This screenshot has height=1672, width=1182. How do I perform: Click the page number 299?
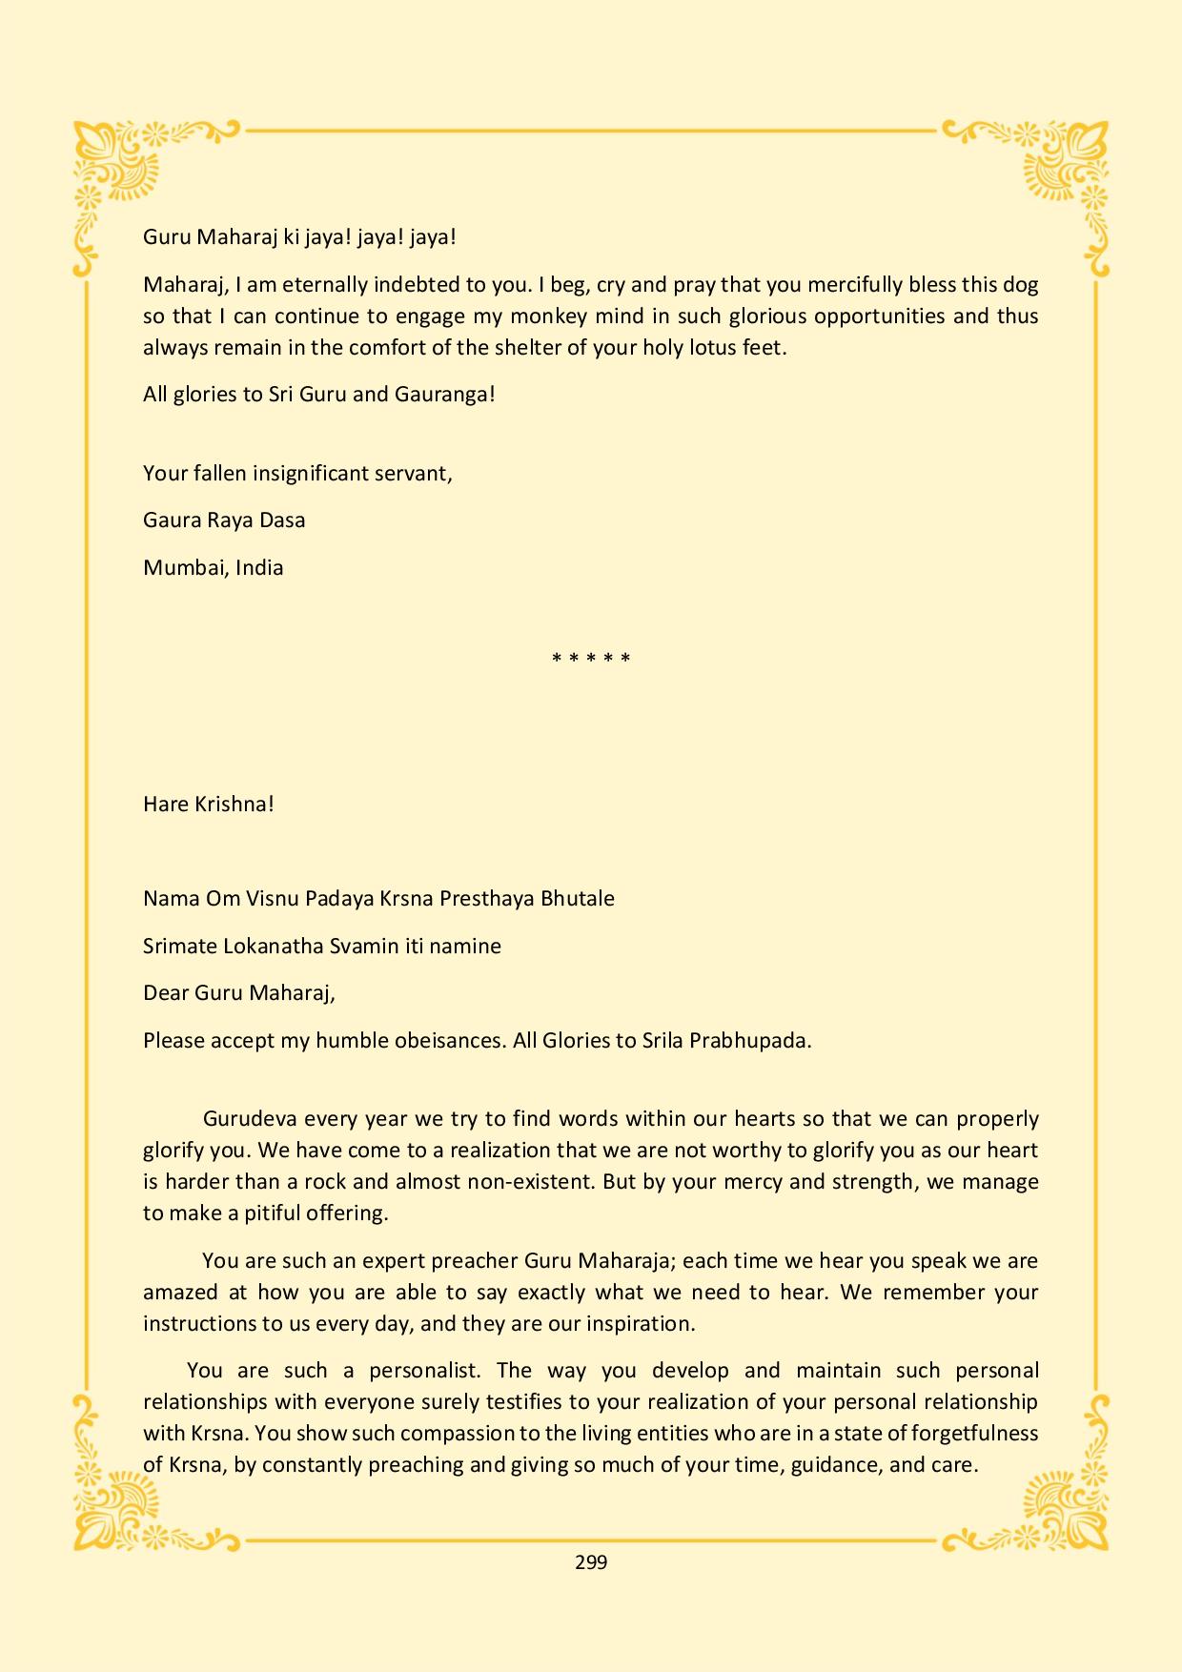tap(591, 1561)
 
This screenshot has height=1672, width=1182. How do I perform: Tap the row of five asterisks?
tap(591, 659)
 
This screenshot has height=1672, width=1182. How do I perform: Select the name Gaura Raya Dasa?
tap(224, 520)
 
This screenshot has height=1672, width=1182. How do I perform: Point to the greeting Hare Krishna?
tap(209, 804)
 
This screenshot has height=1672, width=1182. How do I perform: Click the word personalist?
tap(424, 1370)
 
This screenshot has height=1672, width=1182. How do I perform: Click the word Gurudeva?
tap(251, 1118)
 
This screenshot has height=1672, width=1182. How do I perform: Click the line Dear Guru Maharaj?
tap(239, 992)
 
